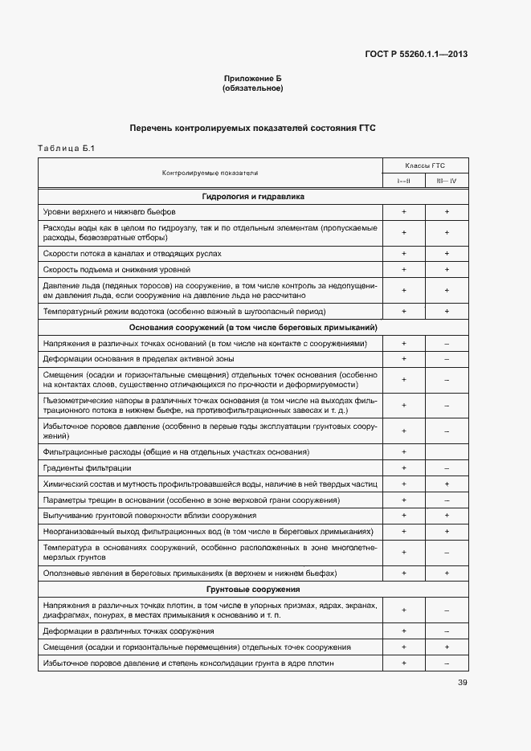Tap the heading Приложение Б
coord(252,79)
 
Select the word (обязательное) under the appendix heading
coord(252,88)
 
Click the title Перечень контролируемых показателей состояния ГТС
coord(252,128)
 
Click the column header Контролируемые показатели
coord(210,173)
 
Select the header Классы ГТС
coord(425,165)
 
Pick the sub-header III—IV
coord(446,181)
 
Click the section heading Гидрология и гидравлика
coord(253,197)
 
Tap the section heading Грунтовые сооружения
coord(253,590)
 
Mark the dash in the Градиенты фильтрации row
coord(446,468)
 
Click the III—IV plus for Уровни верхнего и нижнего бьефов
coord(446,212)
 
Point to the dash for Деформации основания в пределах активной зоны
coord(446,359)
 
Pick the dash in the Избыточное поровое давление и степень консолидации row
coord(446,663)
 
